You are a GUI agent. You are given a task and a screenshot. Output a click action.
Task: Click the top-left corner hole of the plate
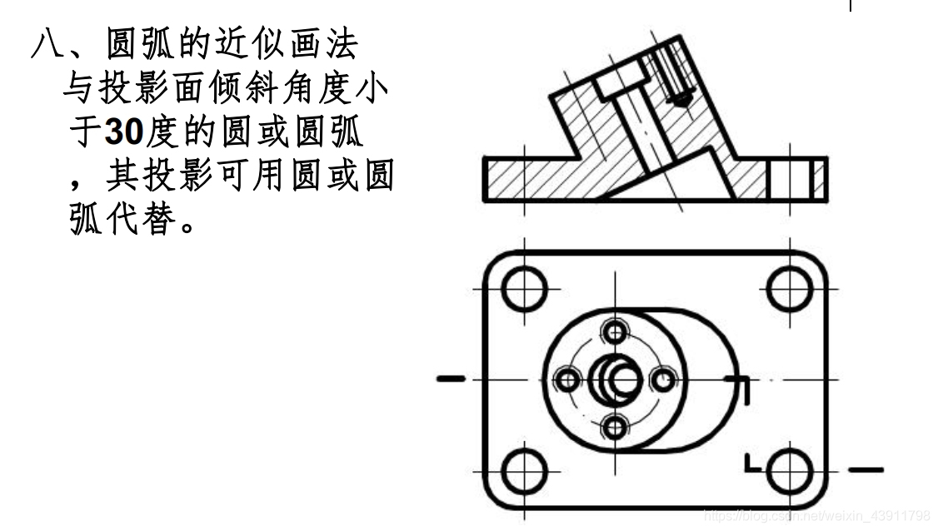click(525, 289)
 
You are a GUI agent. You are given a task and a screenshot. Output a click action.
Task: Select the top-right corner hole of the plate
click(788, 289)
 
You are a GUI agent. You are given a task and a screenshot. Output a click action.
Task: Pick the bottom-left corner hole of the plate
click(525, 471)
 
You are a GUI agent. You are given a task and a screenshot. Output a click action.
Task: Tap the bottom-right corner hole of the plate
click(788, 471)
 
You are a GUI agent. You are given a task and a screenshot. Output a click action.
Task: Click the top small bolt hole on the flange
click(616, 332)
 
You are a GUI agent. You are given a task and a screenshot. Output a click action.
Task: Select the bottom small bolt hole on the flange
click(616, 428)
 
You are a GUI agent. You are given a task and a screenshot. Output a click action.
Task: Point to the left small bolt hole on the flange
click(568, 380)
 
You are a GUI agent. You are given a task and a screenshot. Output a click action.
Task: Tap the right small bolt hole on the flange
click(663, 380)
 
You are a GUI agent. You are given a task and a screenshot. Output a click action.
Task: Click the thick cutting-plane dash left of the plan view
click(451, 380)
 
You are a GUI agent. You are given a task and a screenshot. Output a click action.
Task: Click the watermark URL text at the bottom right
click(816, 516)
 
